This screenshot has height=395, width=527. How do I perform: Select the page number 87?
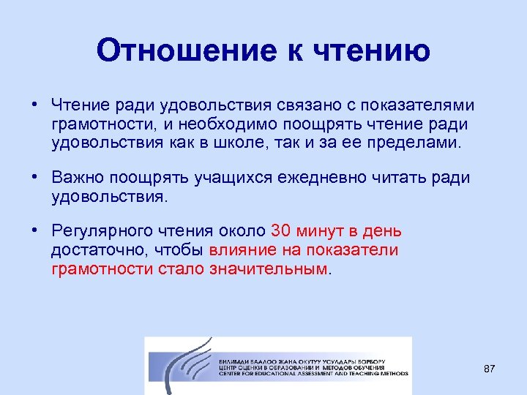pyautogui.click(x=490, y=369)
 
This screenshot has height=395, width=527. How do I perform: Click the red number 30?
pyautogui.click(x=281, y=232)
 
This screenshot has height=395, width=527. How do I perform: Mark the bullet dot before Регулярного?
pyautogui.click(x=34, y=231)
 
